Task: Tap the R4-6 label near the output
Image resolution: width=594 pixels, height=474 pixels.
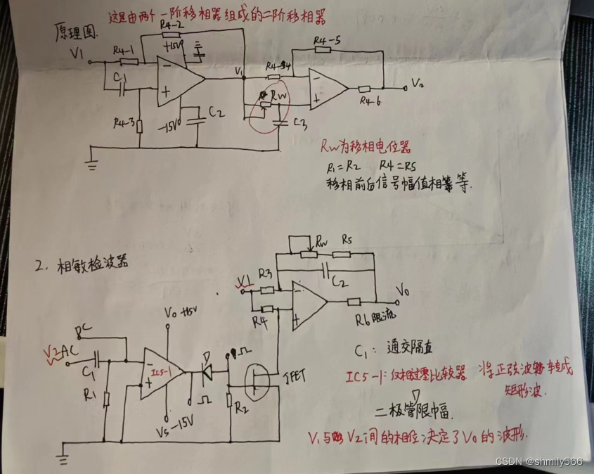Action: point(370,101)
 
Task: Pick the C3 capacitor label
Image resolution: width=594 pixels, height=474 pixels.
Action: point(301,125)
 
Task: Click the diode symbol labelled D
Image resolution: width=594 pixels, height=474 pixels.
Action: point(207,373)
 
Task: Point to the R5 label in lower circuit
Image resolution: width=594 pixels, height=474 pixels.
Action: point(346,239)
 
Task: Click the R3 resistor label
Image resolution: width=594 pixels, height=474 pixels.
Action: point(264,272)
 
